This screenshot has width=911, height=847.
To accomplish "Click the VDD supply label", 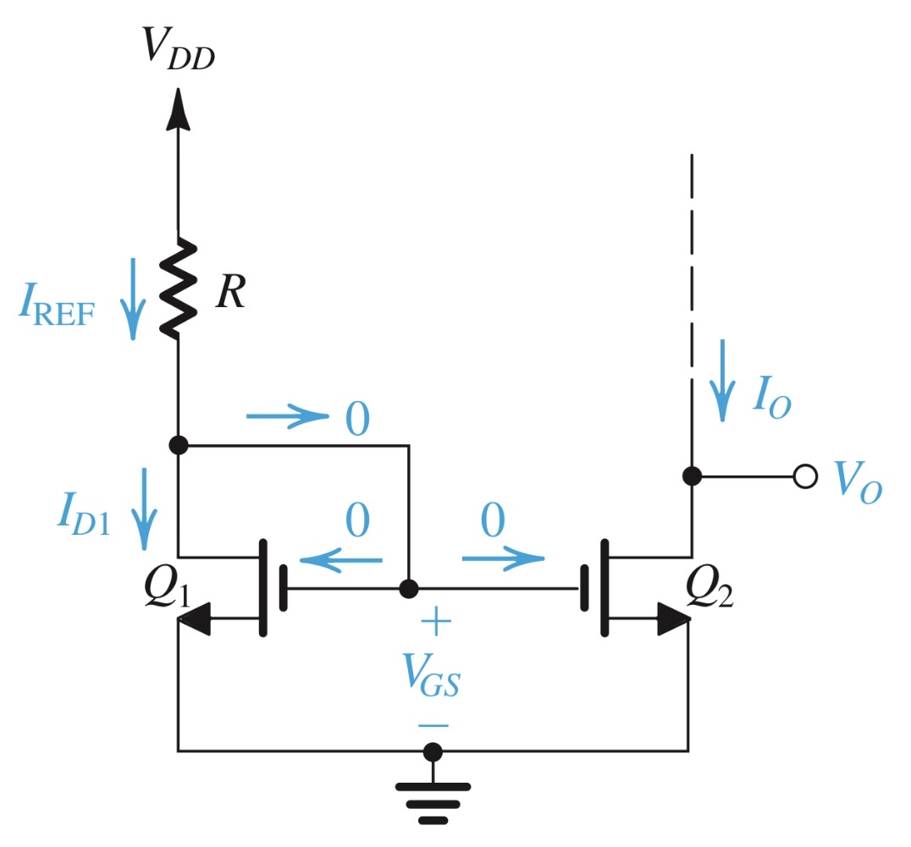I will point(178,47).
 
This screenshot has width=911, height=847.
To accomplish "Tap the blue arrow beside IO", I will point(722,380).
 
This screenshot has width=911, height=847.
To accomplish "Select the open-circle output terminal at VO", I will point(805,476).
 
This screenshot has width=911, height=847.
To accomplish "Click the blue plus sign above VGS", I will point(435,624).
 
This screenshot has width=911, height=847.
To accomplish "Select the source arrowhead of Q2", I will point(675,619).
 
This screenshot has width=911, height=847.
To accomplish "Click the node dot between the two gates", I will point(409,587).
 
